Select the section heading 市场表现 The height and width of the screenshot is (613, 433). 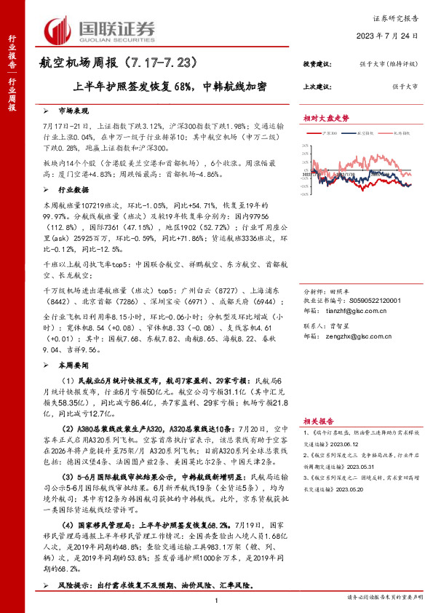(72, 111)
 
